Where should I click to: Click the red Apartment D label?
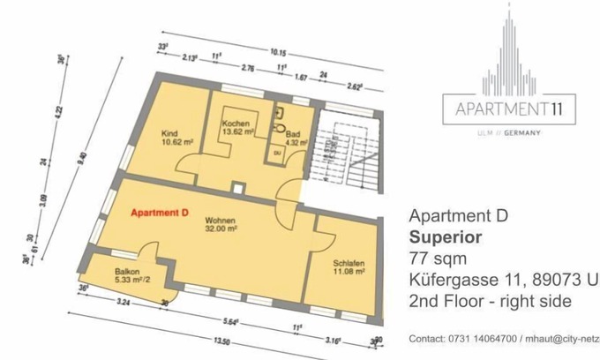click(x=160, y=214)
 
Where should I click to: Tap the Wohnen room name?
click(x=221, y=218)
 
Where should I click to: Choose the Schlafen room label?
click(x=349, y=263)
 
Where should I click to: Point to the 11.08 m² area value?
click(x=350, y=272)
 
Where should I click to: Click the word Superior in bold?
click(x=446, y=237)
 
